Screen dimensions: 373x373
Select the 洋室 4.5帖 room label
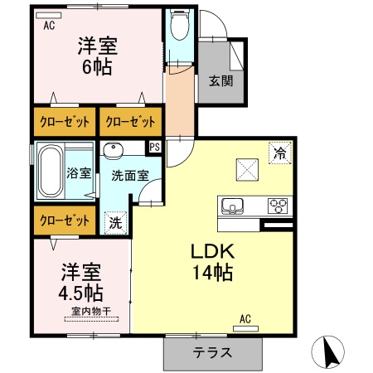pos(80,282)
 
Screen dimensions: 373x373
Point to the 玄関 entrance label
pos(220,81)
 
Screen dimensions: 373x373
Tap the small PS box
pos(153,148)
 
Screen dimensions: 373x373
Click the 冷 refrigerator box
pos(279,153)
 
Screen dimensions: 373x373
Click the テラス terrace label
pos(212,352)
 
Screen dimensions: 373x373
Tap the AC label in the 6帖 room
pos(48,26)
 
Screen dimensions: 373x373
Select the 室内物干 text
pos(90,312)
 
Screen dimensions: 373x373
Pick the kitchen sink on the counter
pos(231,206)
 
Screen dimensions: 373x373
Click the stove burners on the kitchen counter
pos(277,206)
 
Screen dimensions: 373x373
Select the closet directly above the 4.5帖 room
pos(64,221)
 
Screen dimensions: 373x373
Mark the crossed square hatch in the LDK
pos(246,170)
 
